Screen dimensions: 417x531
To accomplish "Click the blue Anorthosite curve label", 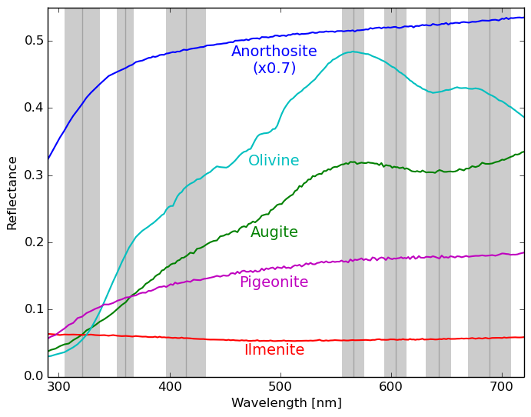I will click(x=274, y=52).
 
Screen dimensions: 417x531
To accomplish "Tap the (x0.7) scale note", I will click(x=274, y=68).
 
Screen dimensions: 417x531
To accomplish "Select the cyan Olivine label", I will click(x=274, y=161).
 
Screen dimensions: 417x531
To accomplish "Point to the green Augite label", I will click(x=274, y=232).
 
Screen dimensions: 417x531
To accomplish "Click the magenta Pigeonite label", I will click(x=274, y=282).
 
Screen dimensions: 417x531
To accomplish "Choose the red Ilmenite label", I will click(x=274, y=350).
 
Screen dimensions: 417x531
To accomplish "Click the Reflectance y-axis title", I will click(x=12, y=192).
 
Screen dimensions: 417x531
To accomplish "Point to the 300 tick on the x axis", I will click(x=59, y=385).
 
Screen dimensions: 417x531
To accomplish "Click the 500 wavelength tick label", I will click(x=280, y=385).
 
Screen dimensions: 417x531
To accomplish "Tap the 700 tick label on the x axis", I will click(x=502, y=385).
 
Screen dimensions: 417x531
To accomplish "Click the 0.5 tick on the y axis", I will click(x=33, y=41).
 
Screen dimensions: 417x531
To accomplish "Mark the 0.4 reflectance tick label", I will click(x=33, y=108).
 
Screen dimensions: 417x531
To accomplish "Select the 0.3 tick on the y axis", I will click(x=33, y=175).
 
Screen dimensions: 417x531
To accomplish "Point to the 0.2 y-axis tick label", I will click(x=33, y=242).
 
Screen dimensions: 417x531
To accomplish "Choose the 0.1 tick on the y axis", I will click(x=33, y=309).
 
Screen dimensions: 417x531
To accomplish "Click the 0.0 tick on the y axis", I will click(x=33, y=376).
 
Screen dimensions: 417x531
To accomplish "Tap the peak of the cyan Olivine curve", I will click(x=353, y=52).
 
